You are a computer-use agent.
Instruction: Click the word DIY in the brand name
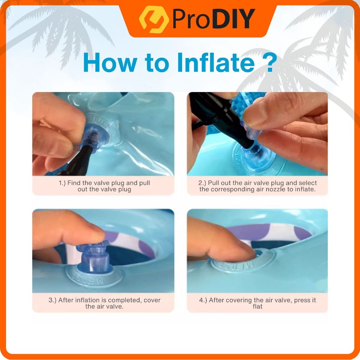[234, 19]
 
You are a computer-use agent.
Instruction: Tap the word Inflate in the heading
[216, 63]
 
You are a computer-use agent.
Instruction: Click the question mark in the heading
[269, 63]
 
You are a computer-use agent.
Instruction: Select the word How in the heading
[110, 63]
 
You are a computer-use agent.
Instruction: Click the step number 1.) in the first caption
[62, 183]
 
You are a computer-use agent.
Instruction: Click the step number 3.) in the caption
[52, 300]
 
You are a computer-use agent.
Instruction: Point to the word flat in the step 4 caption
[257, 306]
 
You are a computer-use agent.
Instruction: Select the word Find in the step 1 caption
[74, 183]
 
